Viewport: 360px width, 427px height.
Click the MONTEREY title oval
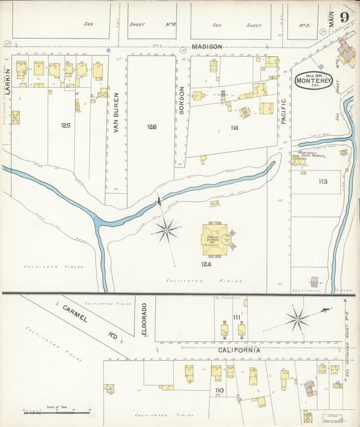pyautogui.click(x=313, y=80)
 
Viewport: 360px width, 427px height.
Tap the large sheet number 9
pyautogui.click(x=344, y=17)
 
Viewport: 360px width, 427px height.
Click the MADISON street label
pyautogui.click(x=207, y=47)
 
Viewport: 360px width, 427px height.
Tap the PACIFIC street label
pyautogui.click(x=284, y=111)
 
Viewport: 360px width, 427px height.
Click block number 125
pyautogui.click(x=66, y=125)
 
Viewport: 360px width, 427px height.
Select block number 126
pyautogui.click(x=151, y=126)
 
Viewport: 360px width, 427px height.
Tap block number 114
pyautogui.click(x=234, y=128)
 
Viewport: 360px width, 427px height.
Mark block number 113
pyautogui.click(x=322, y=181)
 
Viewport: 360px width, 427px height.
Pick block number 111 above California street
pyautogui.click(x=236, y=317)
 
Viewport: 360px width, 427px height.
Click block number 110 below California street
pyautogui.click(x=219, y=391)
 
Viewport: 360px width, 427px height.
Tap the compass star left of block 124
pyautogui.click(x=165, y=230)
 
